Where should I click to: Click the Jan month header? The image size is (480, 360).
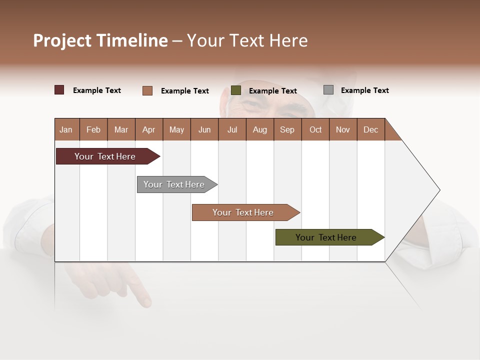point(66,129)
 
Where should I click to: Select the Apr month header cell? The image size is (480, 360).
point(149,129)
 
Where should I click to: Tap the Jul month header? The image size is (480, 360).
point(232,129)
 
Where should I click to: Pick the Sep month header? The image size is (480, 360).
point(287,129)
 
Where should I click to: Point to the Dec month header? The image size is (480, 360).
point(370,129)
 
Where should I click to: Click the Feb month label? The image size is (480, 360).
point(93,129)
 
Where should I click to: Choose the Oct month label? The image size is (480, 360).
point(315,129)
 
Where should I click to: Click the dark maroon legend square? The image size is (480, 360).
point(59,90)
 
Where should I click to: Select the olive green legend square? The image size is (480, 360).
point(236,90)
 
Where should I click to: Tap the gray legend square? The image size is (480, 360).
point(328,90)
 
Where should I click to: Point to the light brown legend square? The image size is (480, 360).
point(147,90)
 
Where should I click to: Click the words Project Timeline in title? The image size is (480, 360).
point(100,40)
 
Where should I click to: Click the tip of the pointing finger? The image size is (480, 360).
point(146,302)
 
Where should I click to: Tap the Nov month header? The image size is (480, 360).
point(343,129)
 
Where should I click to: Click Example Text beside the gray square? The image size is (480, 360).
point(364,90)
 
